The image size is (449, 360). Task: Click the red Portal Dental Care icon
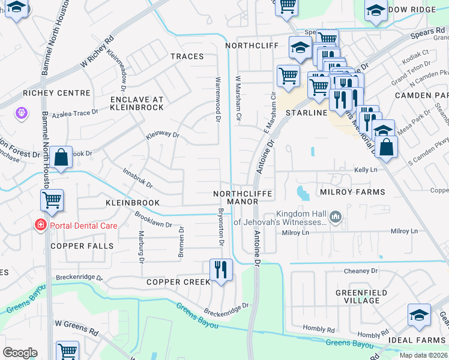(40, 226)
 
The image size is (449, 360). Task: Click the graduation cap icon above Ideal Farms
(419, 315)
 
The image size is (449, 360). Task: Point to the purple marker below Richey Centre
(22, 112)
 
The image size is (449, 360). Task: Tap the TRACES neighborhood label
(187, 56)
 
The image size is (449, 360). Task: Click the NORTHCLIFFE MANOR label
(243, 198)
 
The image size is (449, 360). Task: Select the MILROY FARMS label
(352, 192)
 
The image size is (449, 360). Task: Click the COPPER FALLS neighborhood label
(82, 246)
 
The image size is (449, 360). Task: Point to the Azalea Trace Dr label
(74, 113)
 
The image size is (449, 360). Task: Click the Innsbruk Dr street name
(138, 178)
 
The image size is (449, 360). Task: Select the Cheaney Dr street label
(361, 271)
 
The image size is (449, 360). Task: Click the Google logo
(20, 353)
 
